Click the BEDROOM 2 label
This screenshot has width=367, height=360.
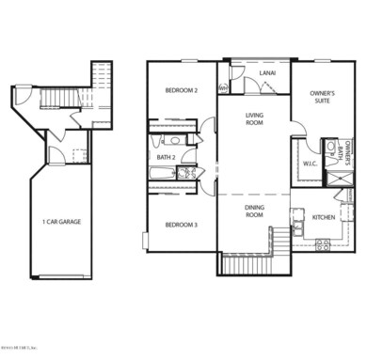(182, 91)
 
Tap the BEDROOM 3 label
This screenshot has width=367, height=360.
(182, 225)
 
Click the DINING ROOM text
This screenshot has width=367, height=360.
(254, 211)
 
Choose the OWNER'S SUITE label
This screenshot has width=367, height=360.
(322, 98)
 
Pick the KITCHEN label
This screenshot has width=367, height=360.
(326, 217)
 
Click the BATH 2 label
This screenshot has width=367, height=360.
(166, 157)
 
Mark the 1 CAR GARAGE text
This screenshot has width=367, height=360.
(62, 222)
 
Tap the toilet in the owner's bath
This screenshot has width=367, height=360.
(330, 148)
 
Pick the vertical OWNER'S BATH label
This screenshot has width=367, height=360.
(348, 153)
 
